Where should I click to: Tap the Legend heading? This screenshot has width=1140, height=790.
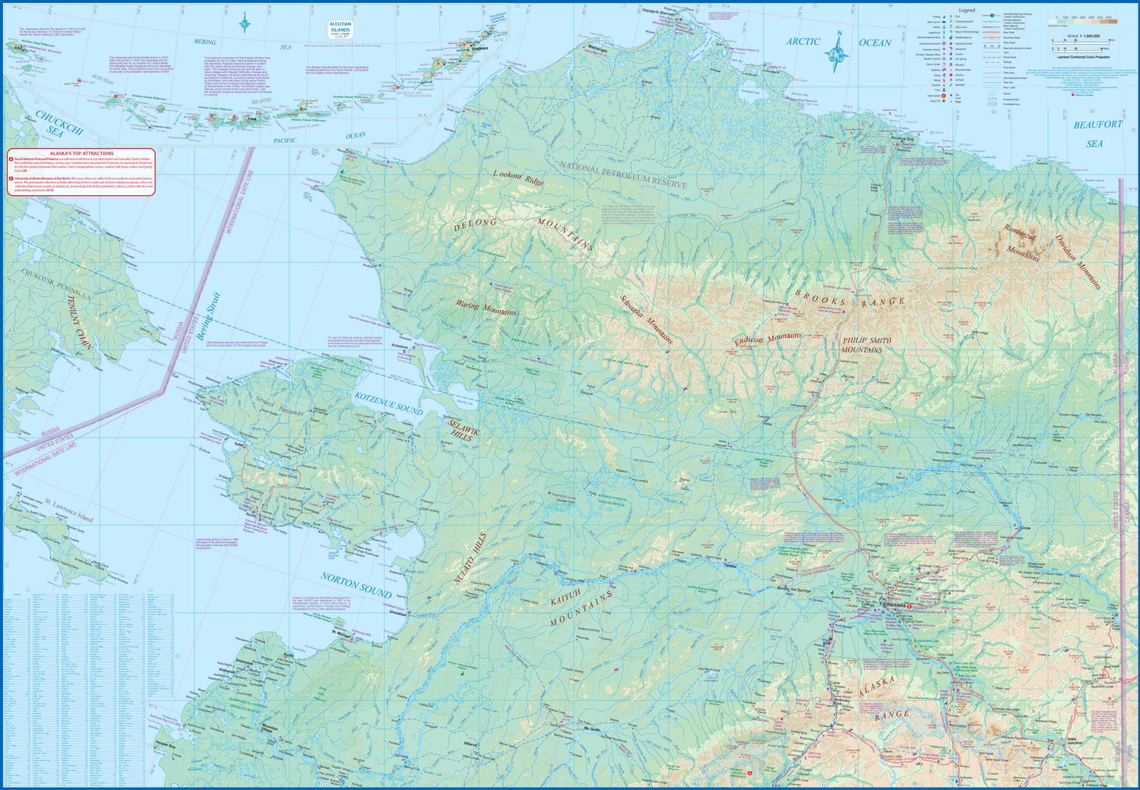pyautogui.click(x=966, y=11)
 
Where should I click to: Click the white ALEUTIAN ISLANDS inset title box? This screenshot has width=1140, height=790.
pyautogui.click(x=340, y=30)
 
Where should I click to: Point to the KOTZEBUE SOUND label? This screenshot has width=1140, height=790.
pyautogui.click(x=388, y=403)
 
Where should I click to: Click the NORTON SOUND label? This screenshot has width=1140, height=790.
pyautogui.click(x=356, y=586)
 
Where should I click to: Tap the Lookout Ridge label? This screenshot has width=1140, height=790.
pyautogui.click(x=519, y=179)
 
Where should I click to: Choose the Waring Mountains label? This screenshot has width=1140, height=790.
pyautogui.click(x=486, y=307)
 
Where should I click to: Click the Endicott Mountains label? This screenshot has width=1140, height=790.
pyautogui.click(x=768, y=340)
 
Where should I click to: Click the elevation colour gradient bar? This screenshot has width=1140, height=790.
pyautogui.click(x=1083, y=21)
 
